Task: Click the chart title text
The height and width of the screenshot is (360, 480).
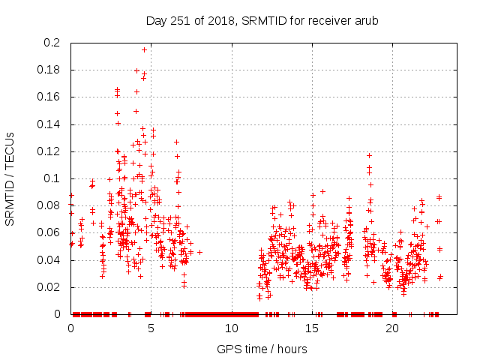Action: [261, 19]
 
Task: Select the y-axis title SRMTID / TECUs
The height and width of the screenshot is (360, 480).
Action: [10, 178]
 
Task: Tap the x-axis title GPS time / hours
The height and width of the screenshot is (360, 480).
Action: [262, 349]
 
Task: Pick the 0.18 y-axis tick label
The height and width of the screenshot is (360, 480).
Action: [49, 70]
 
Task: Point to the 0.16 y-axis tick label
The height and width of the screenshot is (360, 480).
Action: [49, 97]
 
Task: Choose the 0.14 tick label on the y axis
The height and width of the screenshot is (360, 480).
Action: [49, 124]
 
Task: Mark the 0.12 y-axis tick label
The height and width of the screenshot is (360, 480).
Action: [49, 151]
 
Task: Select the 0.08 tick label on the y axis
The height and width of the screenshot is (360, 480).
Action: [49, 205]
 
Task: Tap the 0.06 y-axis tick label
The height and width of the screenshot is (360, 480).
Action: [49, 232]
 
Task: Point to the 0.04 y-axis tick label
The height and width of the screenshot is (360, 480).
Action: [49, 260]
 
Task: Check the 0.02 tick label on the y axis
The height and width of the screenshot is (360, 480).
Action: [49, 287]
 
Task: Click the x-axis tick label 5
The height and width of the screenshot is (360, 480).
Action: [151, 328]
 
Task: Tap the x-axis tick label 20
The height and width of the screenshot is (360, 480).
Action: [392, 328]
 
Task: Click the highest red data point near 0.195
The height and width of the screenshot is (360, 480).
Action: [144, 49]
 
